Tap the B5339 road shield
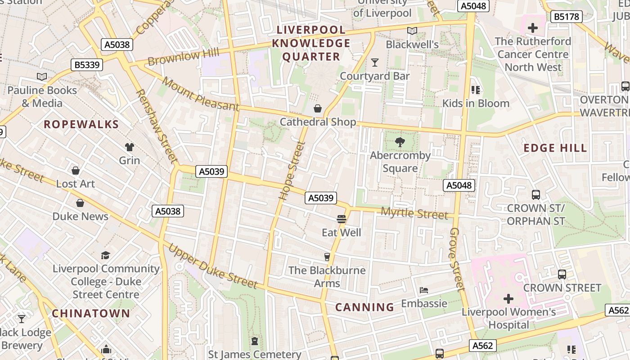87,65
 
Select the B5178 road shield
567,17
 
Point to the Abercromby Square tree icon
400,143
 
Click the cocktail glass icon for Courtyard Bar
374,62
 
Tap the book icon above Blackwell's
412,31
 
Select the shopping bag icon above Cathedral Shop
318,108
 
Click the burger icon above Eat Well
341,219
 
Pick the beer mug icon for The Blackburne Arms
327,257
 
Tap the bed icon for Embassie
423,290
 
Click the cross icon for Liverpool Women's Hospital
508,298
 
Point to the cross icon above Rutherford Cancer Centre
532,28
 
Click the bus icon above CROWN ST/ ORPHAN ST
535,195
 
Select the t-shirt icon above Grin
130,147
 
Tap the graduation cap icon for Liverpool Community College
105,255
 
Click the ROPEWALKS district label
81,125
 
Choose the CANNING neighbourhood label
364,307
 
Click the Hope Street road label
292,171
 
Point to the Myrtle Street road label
414,213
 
